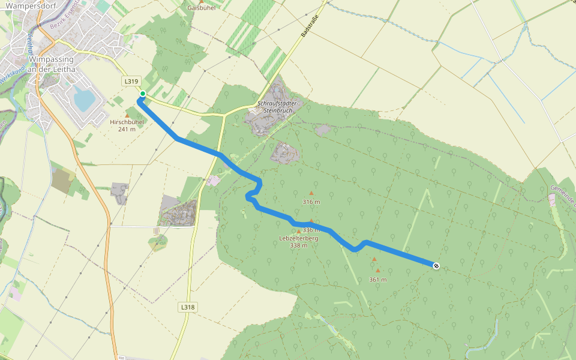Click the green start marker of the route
tap(143, 94)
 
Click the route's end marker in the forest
tap(436, 266)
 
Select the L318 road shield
tap(188, 307)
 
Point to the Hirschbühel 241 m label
tap(127, 125)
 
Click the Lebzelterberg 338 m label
tap(299, 241)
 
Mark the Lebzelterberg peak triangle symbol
tap(299, 231)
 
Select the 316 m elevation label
tap(311, 202)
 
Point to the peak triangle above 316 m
tap(311, 193)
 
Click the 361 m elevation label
tap(377, 280)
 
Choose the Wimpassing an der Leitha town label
tap(52, 64)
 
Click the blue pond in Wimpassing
tap(82, 98)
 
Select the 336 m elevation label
tap(311, 229)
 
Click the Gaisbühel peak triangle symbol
tap(202, 2)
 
